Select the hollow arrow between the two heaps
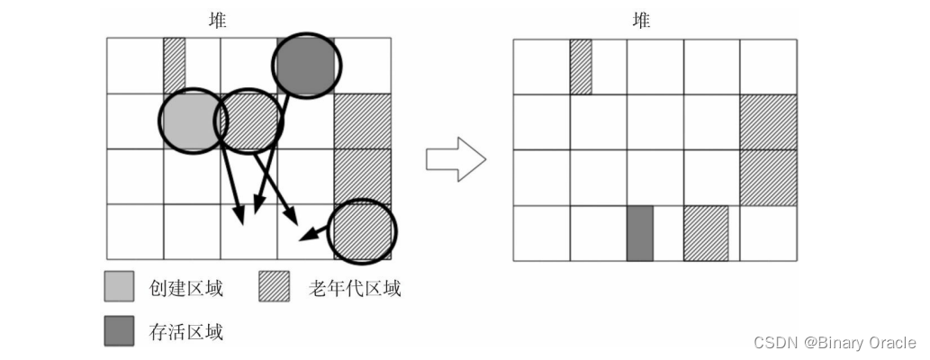point(456,159)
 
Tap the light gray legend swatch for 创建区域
point(119,287)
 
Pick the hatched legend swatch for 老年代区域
point(274,287)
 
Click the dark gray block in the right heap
point(639,233)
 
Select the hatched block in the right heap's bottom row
point(706,233)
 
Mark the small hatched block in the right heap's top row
point(581,66)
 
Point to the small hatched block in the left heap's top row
point(174,65)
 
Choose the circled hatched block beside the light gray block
point(249,121)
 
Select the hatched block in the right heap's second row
point(768,121)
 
